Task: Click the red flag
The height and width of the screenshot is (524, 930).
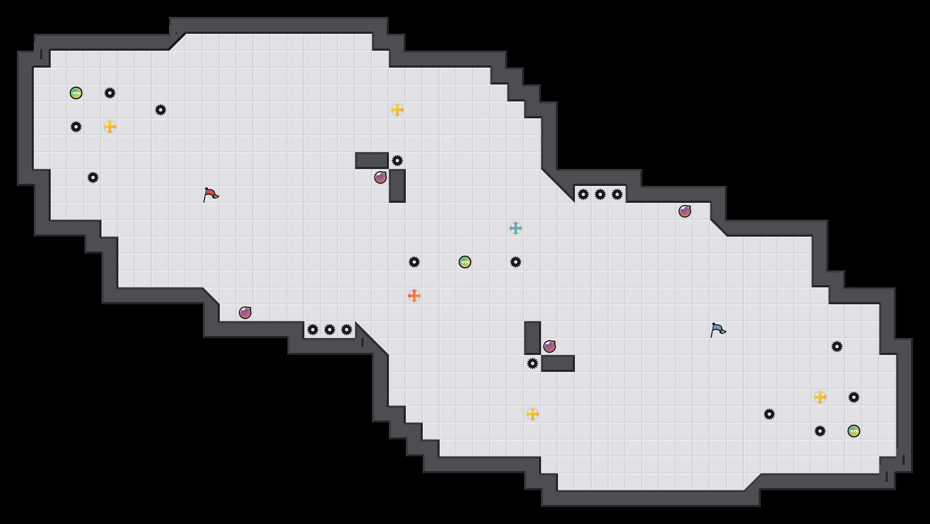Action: pos(210,195)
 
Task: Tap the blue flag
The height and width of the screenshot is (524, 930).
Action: pos(717,330)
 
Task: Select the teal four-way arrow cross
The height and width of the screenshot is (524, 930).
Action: pos(516,228)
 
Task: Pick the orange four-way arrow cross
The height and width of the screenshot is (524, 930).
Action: pos(414,296)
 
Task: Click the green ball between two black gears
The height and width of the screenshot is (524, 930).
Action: pos(465,262)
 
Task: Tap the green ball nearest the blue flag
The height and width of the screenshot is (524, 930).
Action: pos(854,431)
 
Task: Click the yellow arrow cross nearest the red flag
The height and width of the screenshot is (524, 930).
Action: pos(110,127)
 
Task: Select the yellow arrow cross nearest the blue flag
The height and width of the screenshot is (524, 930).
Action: pos(820,397)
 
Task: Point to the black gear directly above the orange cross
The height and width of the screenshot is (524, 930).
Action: pos(414,262)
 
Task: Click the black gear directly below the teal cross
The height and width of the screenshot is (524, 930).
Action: pos(516,262)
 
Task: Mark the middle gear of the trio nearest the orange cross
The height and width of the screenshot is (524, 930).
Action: pos(330,330)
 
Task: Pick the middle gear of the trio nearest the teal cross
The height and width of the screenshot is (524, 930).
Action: pos(600,194)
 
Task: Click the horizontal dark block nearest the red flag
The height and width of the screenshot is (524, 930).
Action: pos(372,161)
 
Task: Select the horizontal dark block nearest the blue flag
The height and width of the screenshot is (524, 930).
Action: pos(558,363)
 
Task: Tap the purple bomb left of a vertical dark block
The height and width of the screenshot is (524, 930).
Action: pos(380,177)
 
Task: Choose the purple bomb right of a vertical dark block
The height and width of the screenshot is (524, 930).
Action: pos(550,347)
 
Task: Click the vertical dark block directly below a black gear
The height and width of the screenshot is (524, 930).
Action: pos(397,186)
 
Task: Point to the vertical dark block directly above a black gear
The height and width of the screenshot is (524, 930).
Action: pos(533,338)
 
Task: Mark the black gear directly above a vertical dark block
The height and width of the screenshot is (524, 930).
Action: pos(397,161)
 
